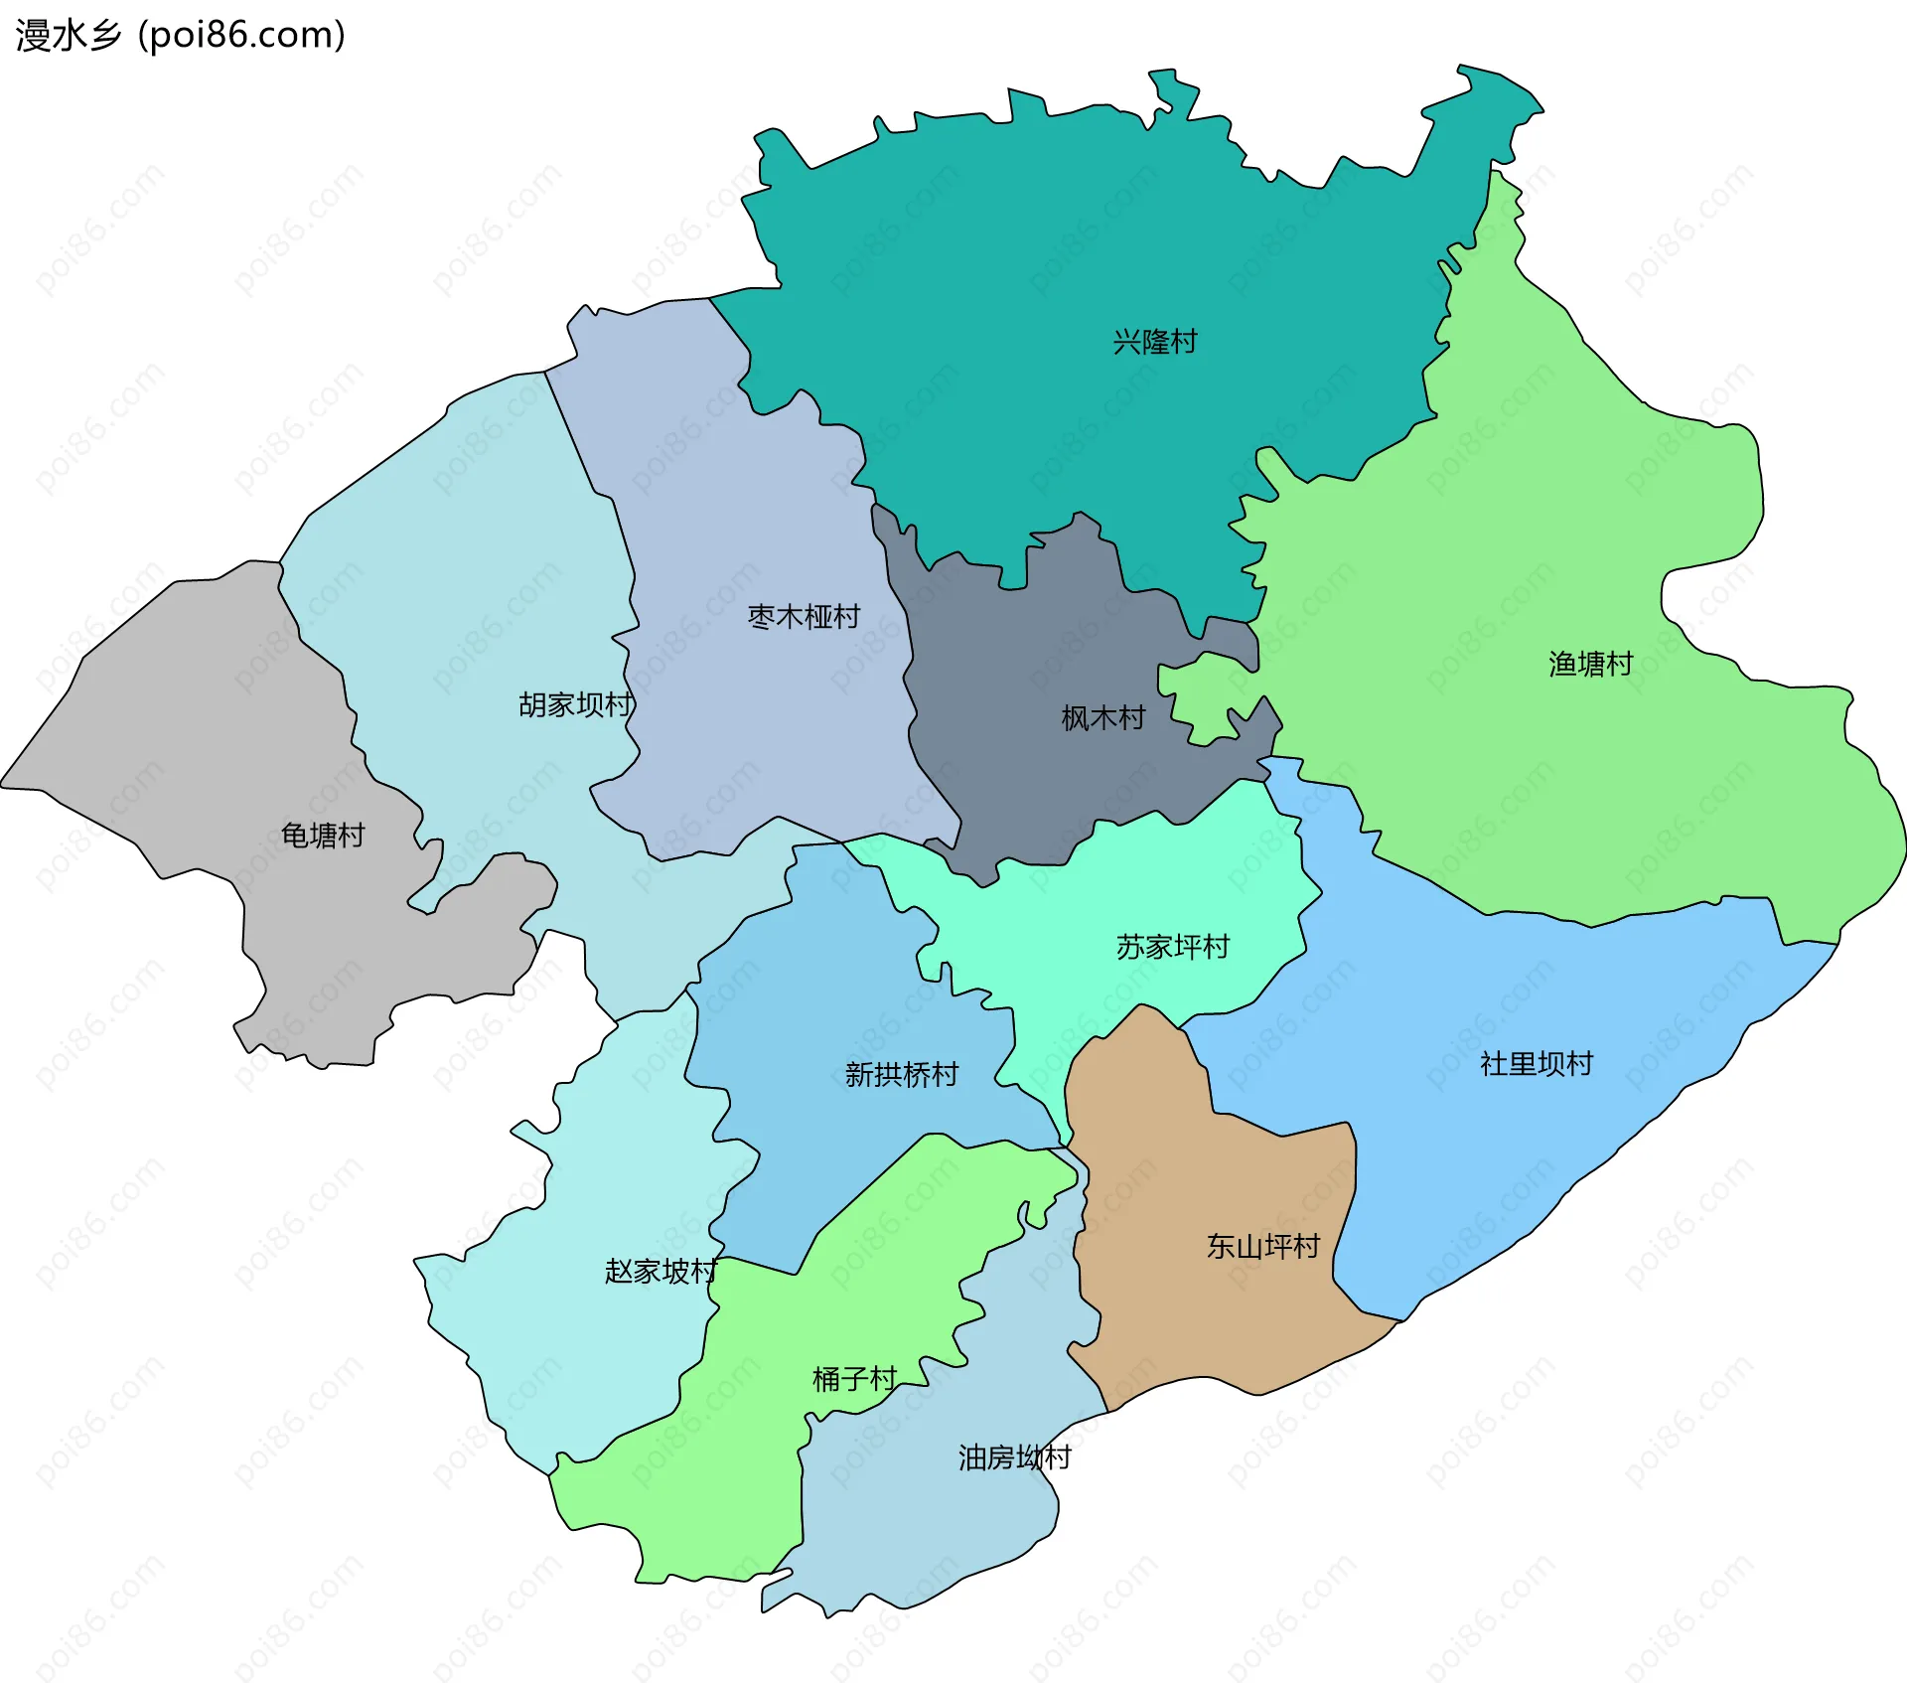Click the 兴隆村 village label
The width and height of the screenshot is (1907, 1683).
point(1154,342)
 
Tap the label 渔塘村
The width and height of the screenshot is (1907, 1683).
point(1590,664)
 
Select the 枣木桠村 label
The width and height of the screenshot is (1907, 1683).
point(804,617)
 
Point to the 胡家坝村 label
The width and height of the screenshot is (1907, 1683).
point(575,704)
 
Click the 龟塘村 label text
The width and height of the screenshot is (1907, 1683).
point(323,836)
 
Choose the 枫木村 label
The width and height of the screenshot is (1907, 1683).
point(1102,717)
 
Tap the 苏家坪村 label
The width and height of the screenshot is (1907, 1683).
point(1172,947)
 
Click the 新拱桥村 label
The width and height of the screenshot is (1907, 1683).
point(901,1074)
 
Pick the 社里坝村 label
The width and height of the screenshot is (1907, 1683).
point(1536,1064)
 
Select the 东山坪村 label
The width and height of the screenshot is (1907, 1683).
point(1262,1246)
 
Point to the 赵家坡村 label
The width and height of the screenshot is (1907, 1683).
point(660,1271)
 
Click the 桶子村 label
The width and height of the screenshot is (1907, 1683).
point(854,1379)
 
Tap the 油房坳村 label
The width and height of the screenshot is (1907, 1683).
point(1014,1457)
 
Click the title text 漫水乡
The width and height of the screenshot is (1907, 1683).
point(68,36)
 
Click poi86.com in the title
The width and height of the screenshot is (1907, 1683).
point(241,36)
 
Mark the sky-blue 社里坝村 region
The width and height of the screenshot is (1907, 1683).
point(1490,1143)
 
